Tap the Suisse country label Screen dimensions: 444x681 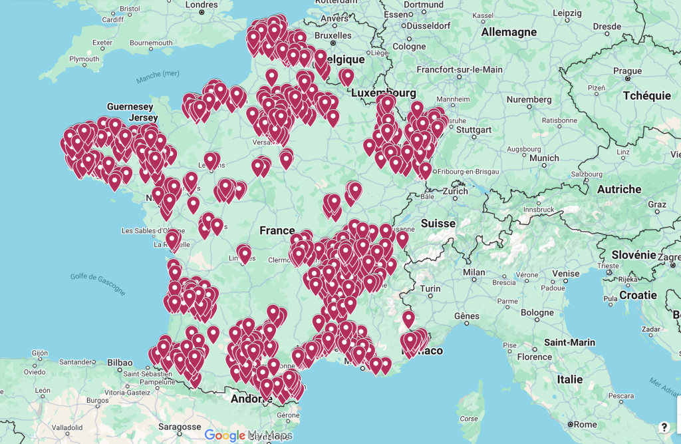click(x=438, y=224)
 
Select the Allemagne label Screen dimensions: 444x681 click(x=509, y=32)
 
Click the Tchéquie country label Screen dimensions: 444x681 click(x=647, y=96)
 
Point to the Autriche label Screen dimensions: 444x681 click(x=619, y=189)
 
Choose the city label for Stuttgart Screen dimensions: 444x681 click(x=474, y=129)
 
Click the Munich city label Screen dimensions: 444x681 click(x=544, y=158)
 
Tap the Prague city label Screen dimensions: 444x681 click(x=627, y=71)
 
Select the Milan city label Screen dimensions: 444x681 click(x=474, y=272)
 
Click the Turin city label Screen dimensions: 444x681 click(x=430, y=288)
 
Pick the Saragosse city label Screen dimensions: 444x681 click(x=180, y=427)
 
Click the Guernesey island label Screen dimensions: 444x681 click(x=130, y=107)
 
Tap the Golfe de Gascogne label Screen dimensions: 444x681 click(x=97, y=283)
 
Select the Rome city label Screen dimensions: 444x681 click(x=585, y=424)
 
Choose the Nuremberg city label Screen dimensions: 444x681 click(x=529, y=99)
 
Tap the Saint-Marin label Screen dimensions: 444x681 click(x=569, y=342)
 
